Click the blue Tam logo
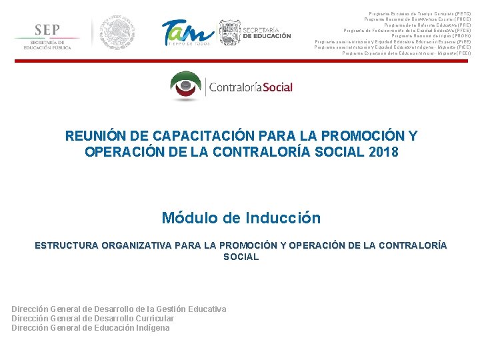[x=187, y=32]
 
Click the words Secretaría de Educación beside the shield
[x=266, y=33]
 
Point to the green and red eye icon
[x=188, y=86]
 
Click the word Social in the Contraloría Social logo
[x=275, y=87]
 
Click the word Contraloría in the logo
[x=233, y=87]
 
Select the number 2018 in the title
[x=383, y=152]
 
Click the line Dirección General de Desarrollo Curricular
[x=93, y=318]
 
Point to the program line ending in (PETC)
[x=419, y=13]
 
